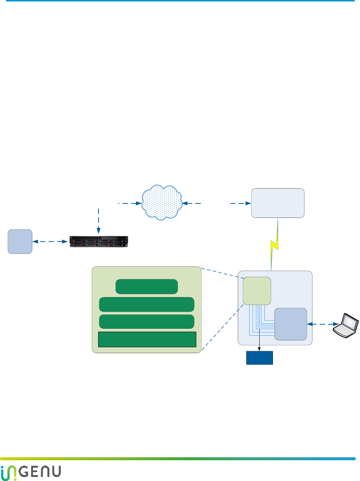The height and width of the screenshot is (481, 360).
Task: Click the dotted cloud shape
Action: coord(162,202)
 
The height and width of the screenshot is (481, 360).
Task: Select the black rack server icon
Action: coord(99,242)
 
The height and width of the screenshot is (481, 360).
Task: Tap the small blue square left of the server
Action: coord(20,242)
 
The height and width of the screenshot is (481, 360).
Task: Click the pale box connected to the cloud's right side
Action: coord(278,203)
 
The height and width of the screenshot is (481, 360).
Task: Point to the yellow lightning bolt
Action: coord(274,245)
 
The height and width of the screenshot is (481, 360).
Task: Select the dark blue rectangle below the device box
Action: coord(260,358)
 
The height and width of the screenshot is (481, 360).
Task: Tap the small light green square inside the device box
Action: coord(257,291)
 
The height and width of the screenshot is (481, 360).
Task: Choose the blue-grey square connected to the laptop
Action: coord(291,324)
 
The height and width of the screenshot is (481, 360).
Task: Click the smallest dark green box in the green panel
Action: coord(147,286)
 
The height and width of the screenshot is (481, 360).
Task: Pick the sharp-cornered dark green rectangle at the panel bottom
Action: coord(147,339)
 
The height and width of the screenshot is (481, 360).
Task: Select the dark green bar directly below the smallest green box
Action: coord(147,304)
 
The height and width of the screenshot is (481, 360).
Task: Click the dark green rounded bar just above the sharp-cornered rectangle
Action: coord(147,322)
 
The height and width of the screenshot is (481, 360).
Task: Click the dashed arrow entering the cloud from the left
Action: coord(130,203)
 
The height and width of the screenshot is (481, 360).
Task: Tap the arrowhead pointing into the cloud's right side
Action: coord(185,203)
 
